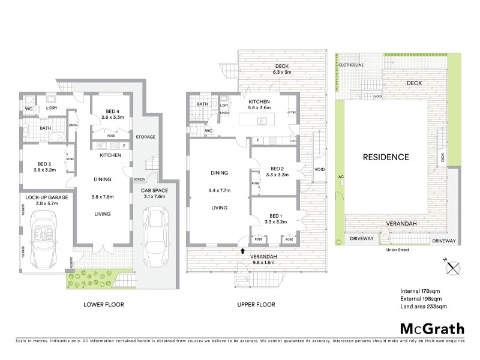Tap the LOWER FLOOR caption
pos(103,305)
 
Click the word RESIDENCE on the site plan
pos(386,157)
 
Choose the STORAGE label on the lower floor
pos(145,137)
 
